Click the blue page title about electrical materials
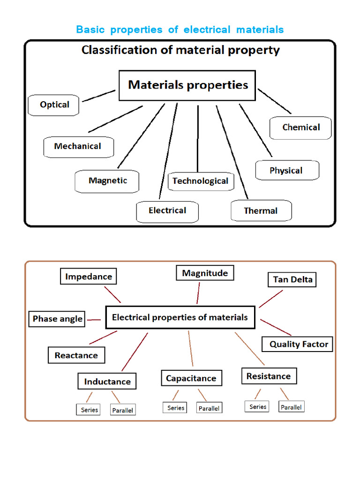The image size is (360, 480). (x=180, y=30)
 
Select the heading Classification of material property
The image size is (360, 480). (x=180, y=50)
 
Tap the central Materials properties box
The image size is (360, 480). (x=187, y=85)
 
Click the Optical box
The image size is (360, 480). (x=54, y=105)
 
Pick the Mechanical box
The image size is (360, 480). (x=78, y=147)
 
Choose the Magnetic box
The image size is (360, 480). (x=107, y=181)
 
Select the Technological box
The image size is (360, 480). (x=201, y=181)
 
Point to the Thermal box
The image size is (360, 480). (x=261, y=211)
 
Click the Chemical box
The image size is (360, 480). (x=301, y=127)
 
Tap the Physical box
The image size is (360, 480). (x=286, y=171)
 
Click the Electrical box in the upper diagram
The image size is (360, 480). (x=167, y=211)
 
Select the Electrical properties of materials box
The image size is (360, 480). (x=180, y=318)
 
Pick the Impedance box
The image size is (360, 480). (x=89, y=277)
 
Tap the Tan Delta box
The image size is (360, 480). (x=292, y=280)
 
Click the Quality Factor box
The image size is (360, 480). (x=298, y=344)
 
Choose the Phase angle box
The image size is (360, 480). (x=57, y=319)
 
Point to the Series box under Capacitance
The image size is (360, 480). (x=176, y=408)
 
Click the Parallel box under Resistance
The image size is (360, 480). (x=291, y=407)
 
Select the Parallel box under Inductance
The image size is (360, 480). (x=122, y=410)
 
